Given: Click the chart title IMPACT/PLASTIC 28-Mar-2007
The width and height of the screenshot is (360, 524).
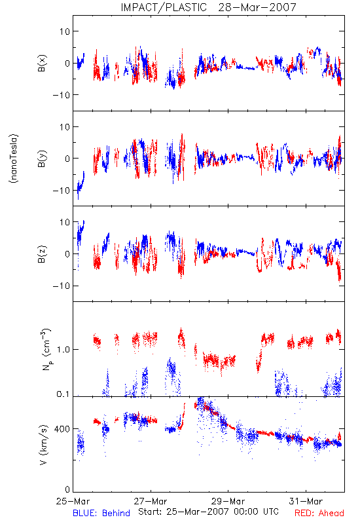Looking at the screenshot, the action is (x=208, y=7).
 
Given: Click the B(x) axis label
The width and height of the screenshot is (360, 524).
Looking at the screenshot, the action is (x=42, y=63).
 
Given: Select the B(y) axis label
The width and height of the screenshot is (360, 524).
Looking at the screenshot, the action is (x=42, y=159).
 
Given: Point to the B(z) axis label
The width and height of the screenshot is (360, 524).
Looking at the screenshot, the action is (x=42, y=254).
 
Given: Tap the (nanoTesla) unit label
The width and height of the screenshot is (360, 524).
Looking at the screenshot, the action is (x=14, y=159).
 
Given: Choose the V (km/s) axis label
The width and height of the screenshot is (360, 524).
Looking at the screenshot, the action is (x=43, y=445).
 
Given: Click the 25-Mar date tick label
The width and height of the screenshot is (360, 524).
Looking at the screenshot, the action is (x=73, y=501).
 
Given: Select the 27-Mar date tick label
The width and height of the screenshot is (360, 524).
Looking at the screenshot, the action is (x=151, y=501).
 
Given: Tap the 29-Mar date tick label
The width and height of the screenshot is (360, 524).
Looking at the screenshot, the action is (x=228, y=501).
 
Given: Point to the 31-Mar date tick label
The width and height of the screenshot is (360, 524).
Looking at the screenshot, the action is (x=306, y=501).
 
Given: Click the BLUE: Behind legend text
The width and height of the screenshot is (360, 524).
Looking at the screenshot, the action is (x=101, y=513).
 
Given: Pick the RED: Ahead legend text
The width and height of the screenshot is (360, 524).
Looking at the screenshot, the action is (x=319, y=513).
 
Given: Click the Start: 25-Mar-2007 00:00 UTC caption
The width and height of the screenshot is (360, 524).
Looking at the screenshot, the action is (x=208, y=512).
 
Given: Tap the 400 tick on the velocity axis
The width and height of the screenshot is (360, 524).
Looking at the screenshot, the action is (x=62, y=429).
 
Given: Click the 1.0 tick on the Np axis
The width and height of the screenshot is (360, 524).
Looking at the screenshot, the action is (x=63, y=350).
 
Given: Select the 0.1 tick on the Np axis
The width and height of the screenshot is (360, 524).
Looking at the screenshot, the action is (x=63, y=394).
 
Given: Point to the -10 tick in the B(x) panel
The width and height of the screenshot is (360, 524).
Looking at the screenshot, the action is (x=61, y=95).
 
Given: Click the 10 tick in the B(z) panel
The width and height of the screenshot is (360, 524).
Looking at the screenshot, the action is (x=65, y=222).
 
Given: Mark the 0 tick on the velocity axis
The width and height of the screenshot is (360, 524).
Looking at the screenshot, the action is (x=67, y=489).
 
